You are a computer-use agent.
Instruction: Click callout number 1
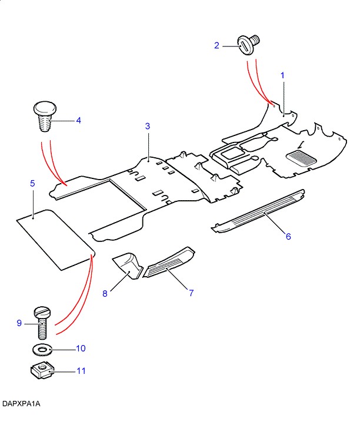point(282,75)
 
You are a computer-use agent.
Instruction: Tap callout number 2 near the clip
point(216,45)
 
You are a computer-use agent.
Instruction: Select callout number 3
point(148,126)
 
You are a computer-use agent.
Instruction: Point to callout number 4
point(78,121)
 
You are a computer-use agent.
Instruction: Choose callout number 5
point(33,184)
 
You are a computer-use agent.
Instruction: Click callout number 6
point(288,236)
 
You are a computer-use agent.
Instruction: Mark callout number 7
point(191,292)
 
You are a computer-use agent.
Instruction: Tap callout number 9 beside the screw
point(19,323)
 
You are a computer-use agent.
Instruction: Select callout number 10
point(81,349)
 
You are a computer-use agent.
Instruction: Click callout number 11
point(81,371)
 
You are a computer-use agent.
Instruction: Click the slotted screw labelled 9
point(42,321)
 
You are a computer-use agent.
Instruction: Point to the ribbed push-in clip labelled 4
point(44,117)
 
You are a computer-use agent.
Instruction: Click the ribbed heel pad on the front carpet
point(301,158)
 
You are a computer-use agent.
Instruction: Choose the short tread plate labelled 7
point(169,263)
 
